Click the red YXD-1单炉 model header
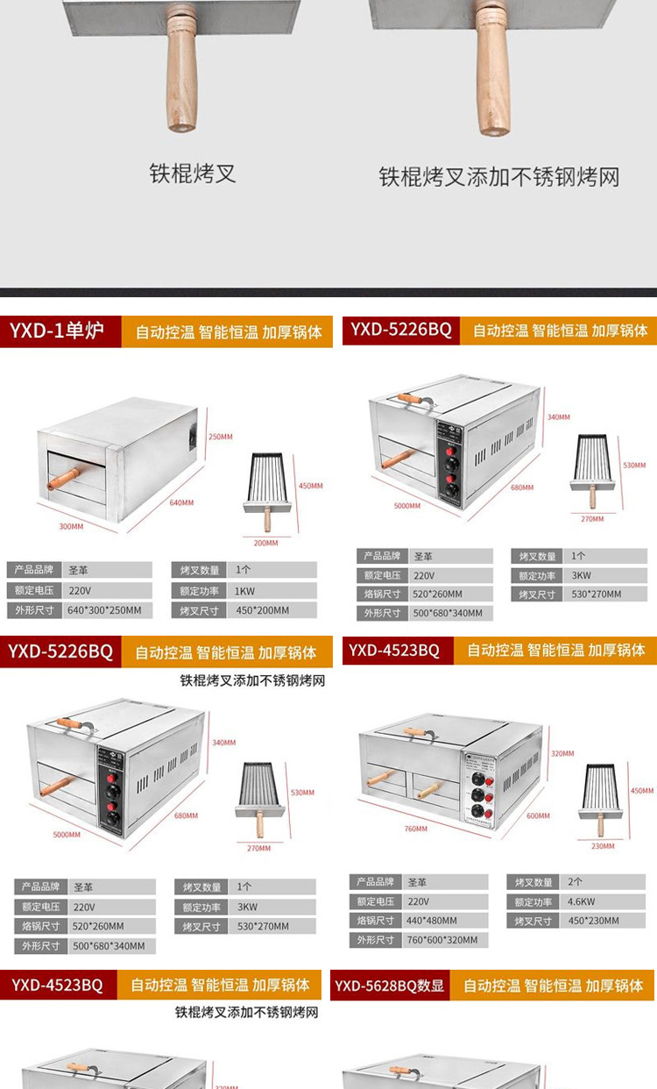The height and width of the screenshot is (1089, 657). (57, 331)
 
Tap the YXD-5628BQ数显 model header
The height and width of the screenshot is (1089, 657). (390, 986)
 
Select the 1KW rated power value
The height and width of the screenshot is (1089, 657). (244, 591)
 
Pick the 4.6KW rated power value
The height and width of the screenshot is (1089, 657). (581, 901)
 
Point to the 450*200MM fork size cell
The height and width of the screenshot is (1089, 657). (258, 611)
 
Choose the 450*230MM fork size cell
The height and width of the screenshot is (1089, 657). (593, 921)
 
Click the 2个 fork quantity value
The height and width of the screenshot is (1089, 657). (576, 882)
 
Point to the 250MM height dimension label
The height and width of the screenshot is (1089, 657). (220, 437)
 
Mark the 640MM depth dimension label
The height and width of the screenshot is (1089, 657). (182, 502)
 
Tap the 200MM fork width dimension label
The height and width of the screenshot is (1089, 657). (265, 543)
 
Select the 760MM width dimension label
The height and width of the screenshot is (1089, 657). (415, 829)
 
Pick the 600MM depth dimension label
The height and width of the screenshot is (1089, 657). (538, 815)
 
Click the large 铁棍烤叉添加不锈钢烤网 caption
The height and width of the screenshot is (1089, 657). (498, 177)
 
